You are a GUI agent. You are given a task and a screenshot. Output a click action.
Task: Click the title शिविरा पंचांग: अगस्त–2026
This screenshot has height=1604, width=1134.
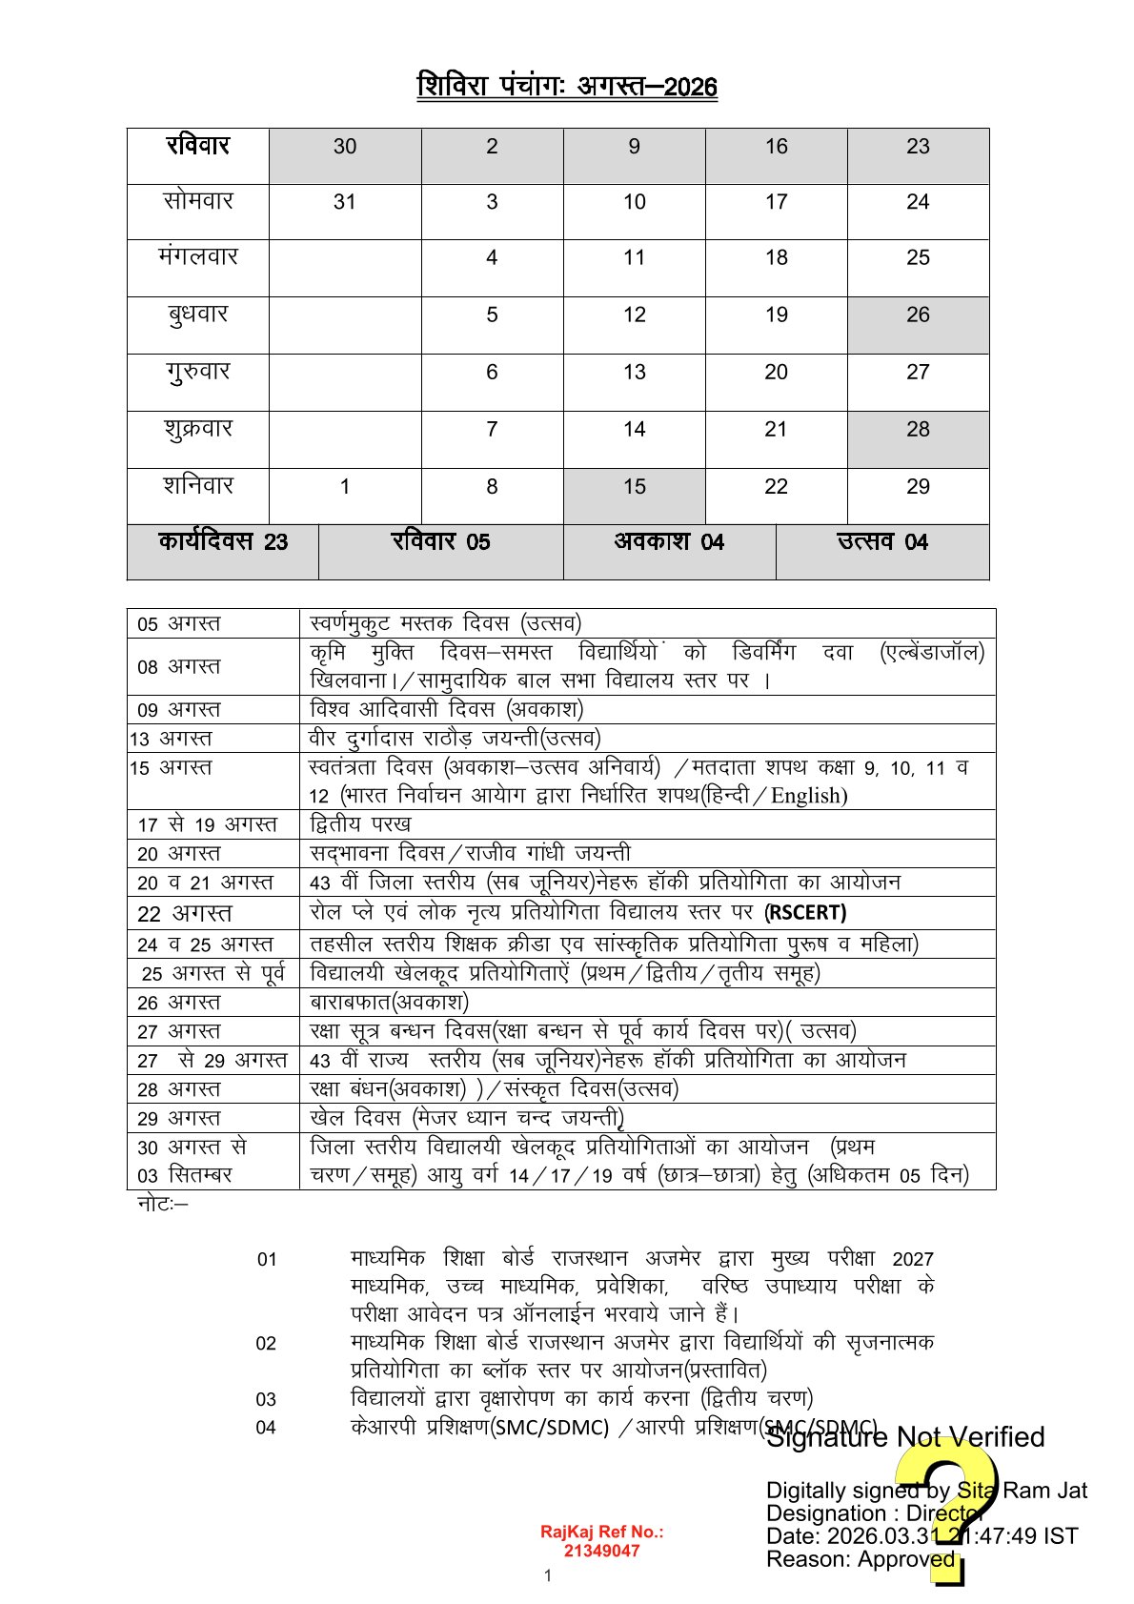[x=567, y=87]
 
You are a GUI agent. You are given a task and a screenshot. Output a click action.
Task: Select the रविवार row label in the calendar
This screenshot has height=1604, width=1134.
[x=198, y=146]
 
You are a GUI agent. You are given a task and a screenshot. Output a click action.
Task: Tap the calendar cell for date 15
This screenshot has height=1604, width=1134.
[x=634, y=487]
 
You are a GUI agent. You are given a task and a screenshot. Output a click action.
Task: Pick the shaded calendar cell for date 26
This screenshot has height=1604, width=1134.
[x=918, y=315]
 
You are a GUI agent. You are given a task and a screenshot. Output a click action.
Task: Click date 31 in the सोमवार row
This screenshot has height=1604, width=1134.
[x=345, y=202]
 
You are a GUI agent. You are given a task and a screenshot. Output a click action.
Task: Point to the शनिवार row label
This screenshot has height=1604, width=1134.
[x=198, y=486]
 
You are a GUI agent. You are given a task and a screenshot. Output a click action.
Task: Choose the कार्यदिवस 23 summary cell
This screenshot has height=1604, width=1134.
[x=223, y=542]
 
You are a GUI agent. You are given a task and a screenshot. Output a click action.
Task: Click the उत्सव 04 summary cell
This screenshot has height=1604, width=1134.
[x=882, y=542]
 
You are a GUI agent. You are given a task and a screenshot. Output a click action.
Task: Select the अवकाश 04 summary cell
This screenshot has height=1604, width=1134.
[x=669, y=542]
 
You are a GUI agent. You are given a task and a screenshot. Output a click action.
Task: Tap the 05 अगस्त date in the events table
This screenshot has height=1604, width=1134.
[x=179, y=624]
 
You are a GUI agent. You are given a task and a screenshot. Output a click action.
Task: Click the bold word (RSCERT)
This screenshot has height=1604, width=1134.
[x=805, y=913]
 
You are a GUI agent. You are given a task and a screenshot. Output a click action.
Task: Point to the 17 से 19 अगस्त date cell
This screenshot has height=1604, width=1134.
[x=208, y=824]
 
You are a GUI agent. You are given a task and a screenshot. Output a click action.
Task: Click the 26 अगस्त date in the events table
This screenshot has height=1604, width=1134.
[x=179, y=1003]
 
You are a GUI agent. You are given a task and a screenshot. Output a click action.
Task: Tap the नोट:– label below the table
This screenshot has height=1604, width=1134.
[x=163, y=1205]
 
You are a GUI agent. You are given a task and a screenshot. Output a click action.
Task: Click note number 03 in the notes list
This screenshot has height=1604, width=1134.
[x=266, y=1399]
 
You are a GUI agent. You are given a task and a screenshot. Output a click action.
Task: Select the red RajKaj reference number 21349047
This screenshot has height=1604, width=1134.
[x=601, y=1551]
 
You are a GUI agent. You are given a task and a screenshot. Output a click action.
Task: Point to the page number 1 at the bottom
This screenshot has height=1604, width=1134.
[x=548, y=1576]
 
